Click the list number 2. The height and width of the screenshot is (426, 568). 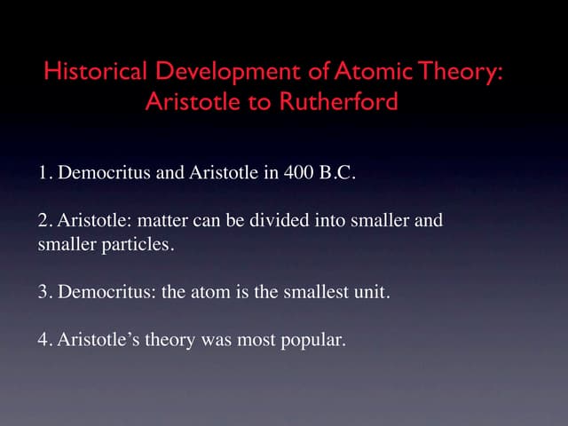click(x=43, y=220)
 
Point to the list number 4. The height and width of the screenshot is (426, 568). click(x=43, y=339)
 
